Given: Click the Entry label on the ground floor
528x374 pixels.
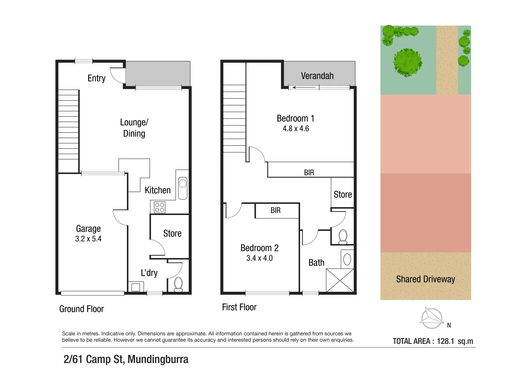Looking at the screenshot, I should coord(96,78).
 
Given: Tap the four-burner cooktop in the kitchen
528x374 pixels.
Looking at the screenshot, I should coord(159,207).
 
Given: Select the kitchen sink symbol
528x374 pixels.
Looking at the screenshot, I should coord(183,188).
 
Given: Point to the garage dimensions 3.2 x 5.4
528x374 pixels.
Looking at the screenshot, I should coord(88,239).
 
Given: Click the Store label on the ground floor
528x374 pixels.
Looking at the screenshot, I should coord(172,233).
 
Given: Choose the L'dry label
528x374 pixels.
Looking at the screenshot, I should coord(149,273).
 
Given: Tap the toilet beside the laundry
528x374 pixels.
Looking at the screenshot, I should coord(178,284).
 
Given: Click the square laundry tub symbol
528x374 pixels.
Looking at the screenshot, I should coord(136,287).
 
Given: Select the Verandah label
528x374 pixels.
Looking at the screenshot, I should coord(317,76).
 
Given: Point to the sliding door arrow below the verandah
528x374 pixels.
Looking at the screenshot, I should coord(304,88).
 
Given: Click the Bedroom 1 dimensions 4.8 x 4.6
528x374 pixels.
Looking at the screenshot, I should coord(296,129).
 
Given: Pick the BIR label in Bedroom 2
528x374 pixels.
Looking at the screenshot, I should coord(276,211).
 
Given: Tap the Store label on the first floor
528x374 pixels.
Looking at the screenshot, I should coord(342,195).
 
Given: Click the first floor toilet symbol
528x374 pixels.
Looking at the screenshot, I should coord(343,237).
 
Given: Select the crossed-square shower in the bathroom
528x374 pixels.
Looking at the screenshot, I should coord(340,280).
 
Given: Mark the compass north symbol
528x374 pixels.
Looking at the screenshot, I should coord(432,318).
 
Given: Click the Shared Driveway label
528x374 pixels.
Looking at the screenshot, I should coord(425,279).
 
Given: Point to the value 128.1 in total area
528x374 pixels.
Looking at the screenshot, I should coord(445,341).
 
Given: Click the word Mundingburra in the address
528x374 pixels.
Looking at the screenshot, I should coord(158,359).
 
